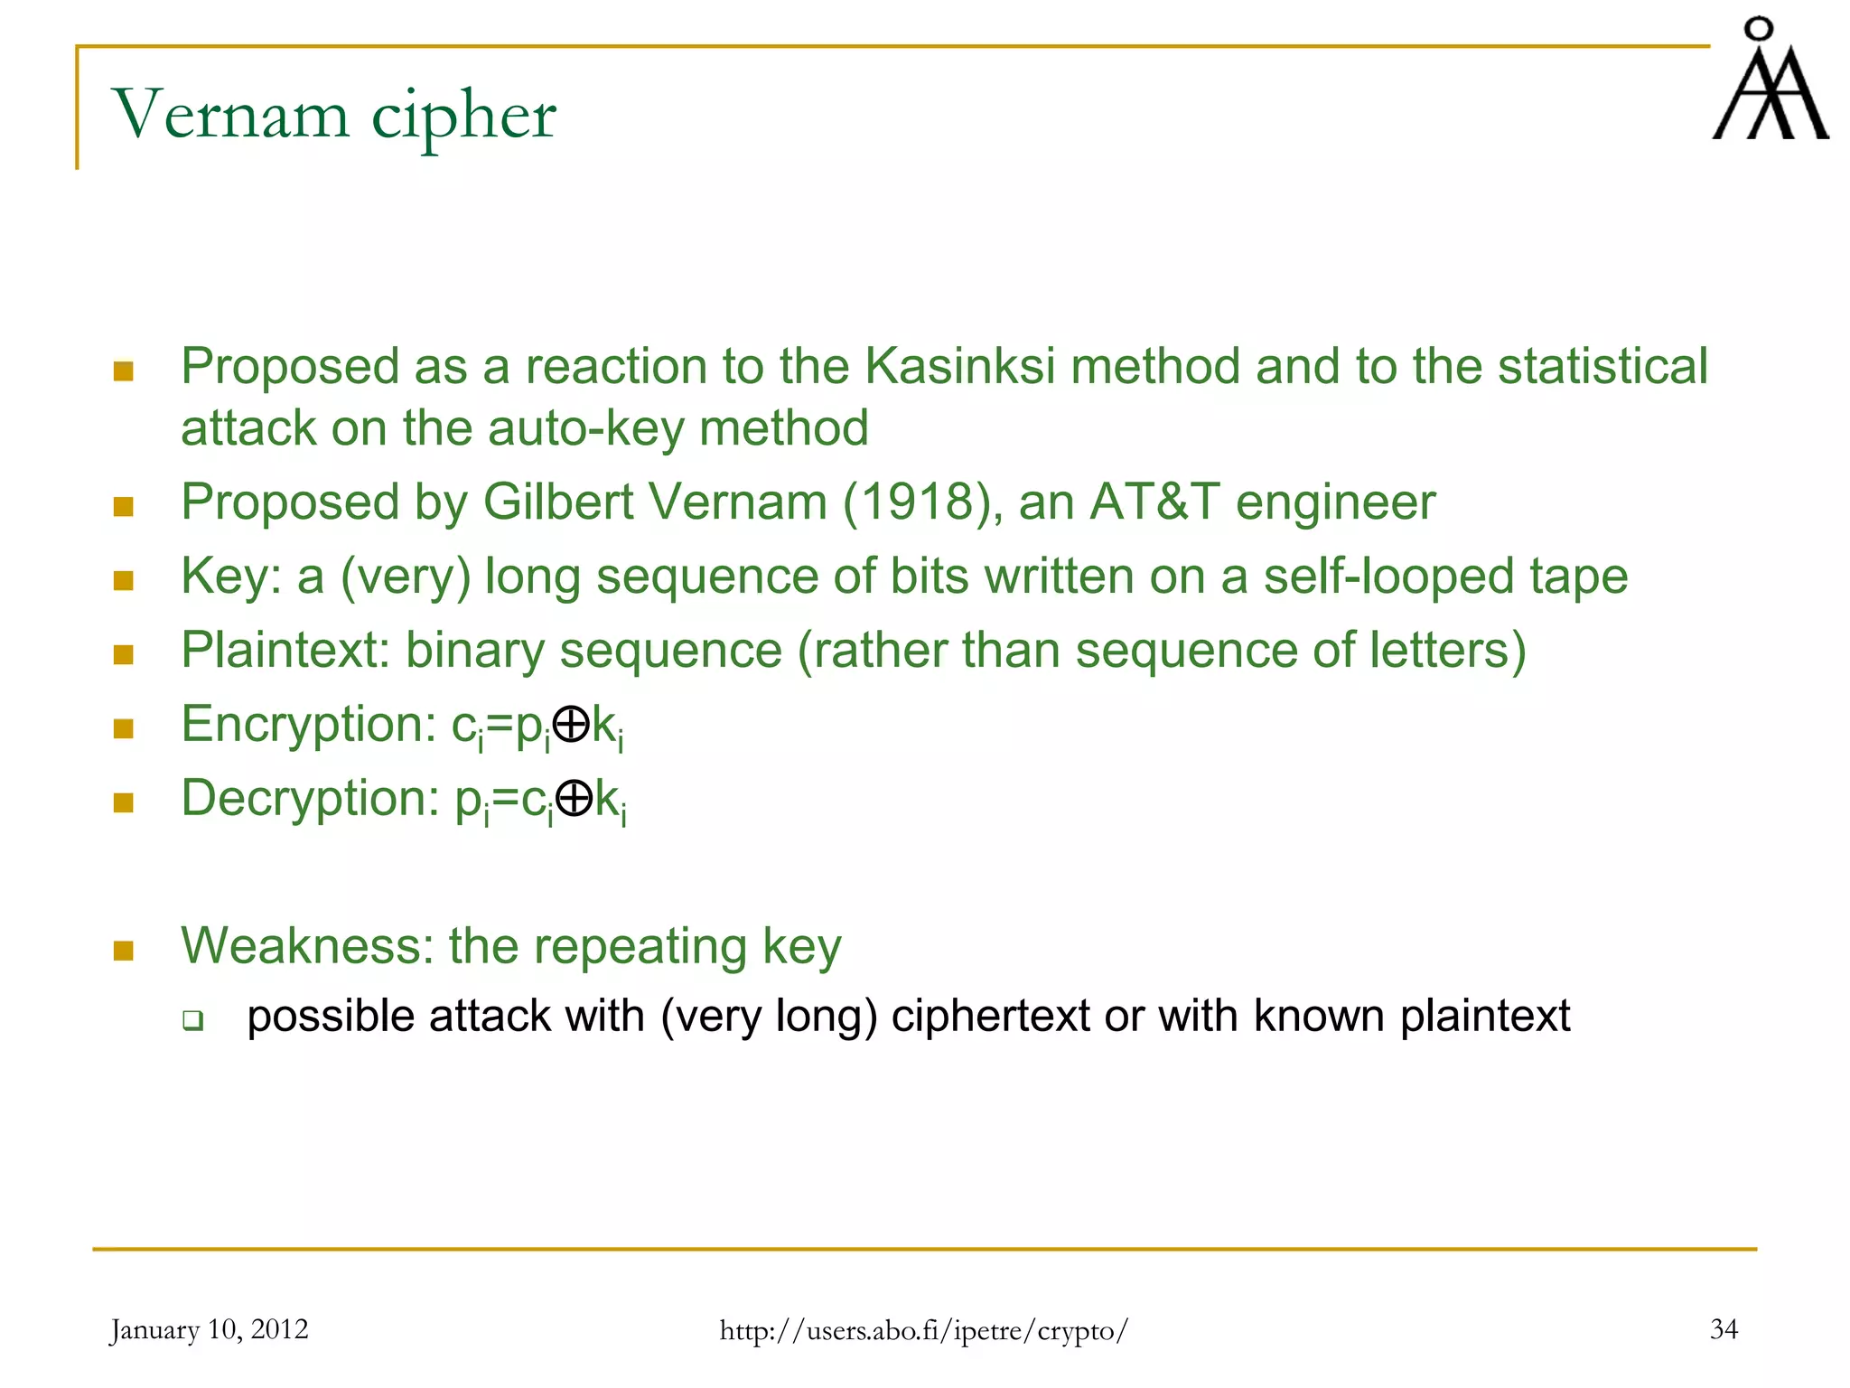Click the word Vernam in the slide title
pyautogui.click(x=230, y=116)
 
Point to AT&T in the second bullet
pyautogui.click(x=1154, y=502)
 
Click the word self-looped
pyautogui.click(x=1388, y=577)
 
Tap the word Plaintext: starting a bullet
pyautogui.click(x=285, y=651)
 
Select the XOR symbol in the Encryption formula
pyautogui.click(x=571, y=725)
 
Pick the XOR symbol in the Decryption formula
pyautogui.click(x=574, y=799)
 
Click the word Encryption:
pyautogui.click(x=308, y=725)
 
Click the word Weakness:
pyautogui.click(x=307, y=947)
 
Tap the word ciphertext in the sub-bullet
pyautogui.click(x=990, y=1017)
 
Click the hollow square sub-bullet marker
pyautogui.click(x=192, y=1021)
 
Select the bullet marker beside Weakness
pyautogui.click(x=124, y=951)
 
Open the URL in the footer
pyautogui.click(x=923, y=1330)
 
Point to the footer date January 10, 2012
pyautogui.click(x=209, y=1329)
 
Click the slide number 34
pyautogui.click(x=1724, y=1329)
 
